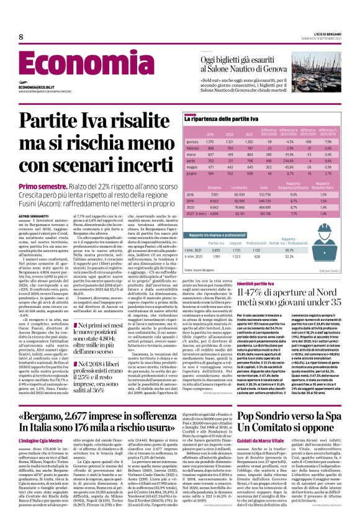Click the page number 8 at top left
coord(20,37)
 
